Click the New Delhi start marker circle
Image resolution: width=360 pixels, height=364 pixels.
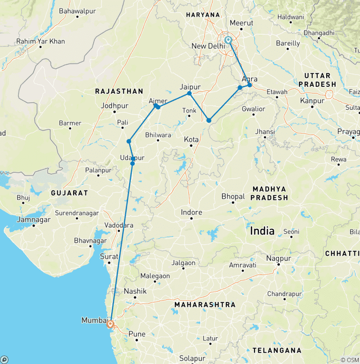pos(228,40)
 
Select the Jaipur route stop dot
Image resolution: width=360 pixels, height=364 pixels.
pos(189,93)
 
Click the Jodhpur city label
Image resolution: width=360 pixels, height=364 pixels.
pos(114,106)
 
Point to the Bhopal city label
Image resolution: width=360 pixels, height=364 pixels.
pos(233,196)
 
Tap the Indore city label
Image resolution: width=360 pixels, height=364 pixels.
pos(192,212)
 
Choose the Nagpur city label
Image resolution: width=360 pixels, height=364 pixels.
pos(278,258)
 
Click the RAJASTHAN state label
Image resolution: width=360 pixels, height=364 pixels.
pos(119,91)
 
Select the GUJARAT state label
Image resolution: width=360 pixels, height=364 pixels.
pos(70,193)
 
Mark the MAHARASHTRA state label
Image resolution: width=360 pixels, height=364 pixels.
pos(205,305)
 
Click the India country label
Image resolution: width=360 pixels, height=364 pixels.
pos(262,230)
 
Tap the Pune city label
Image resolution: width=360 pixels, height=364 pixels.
pos(137,334)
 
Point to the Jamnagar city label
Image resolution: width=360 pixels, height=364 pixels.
pos(33,220)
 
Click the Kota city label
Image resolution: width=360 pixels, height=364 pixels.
pos(191,140)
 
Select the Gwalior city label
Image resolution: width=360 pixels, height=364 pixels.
pos(254,109)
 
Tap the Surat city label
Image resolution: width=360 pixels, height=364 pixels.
pos(109,257)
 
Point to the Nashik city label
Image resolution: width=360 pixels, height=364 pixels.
pos(135,291)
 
